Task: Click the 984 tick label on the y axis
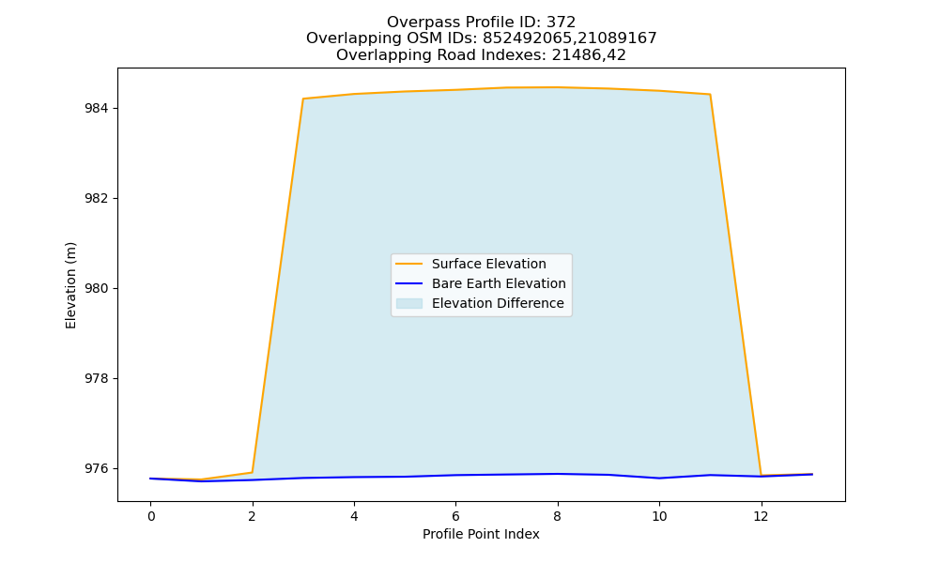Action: pyautogui.click(x=97, y=108)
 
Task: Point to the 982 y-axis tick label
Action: pyautogui.click(x=97, y=199)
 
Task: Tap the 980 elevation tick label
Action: pyautogui.click(x=97, y=288)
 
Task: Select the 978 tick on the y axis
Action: pyautogui.click(x=97, y=379)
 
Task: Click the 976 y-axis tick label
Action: pyautogui.click(x=97, y=468)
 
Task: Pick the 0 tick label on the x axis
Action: pyautogui.click(x=151, y=516)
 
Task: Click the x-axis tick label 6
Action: pyautogui.click(x=455, y=516)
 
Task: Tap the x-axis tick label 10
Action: pyautogui.click(x=659, y=516)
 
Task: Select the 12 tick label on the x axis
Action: pyautogui.click(x=761, y=516)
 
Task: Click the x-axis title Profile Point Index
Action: pyautogui.click(x=481, y=534)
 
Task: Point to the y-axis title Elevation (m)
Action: pyautogui.click(x=71, y=285)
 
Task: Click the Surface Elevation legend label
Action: pyautogui.click(x=488, y=264)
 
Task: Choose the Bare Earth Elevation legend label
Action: pyautogui.click(x=499, y=283)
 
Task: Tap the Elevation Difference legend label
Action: pyautogui.click(x=498, y=303)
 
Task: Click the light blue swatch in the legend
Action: pyautogui.click(x=409, y=303)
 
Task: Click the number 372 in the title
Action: pyautogui.click(x=562, y=23)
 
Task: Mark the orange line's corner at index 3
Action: pyautogui.click(x=303, y=99)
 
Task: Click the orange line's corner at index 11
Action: pyautogui.click(x=710, y=95)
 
